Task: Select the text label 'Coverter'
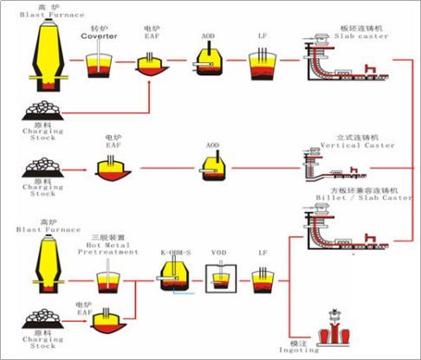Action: point(99,36)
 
